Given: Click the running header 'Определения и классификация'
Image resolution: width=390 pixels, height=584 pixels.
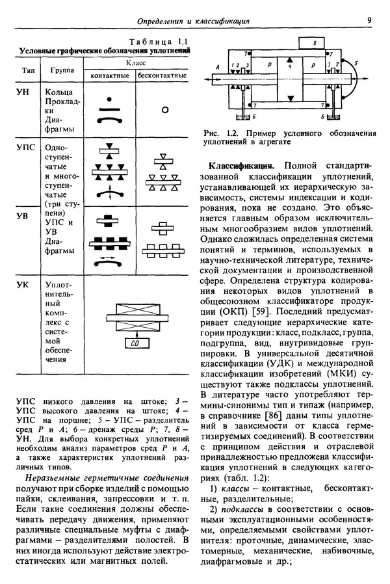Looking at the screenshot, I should tap(194, 21).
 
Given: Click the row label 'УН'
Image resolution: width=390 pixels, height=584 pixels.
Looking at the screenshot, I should tap(23, 93).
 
